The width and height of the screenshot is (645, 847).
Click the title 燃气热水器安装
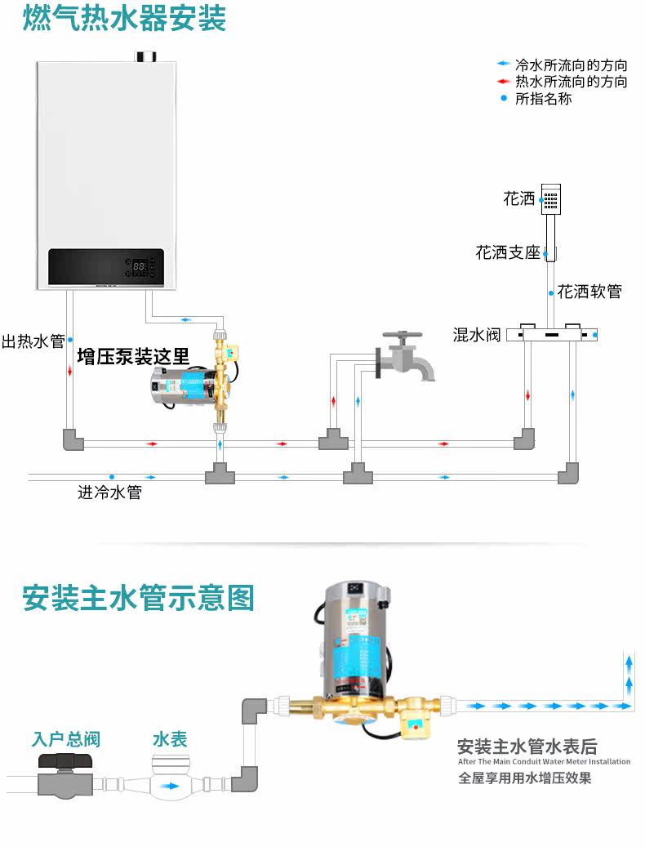pos(125,19)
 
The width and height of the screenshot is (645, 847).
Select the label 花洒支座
pos(508,252)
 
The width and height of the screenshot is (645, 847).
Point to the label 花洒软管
pos(589,292)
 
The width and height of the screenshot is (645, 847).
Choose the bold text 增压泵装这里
pos(133,356)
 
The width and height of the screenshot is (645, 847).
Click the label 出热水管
pos(33,341)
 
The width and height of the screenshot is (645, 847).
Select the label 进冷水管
pos(109,493)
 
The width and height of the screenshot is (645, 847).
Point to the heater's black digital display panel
pos(106,267)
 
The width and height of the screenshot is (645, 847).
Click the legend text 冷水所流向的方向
pos(572,65)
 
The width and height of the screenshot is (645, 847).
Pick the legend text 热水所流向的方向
pos(572,82)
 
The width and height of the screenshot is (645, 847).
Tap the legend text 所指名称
pos(544,99)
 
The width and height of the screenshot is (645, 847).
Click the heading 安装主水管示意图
pos(139,598)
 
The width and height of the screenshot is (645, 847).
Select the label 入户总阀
pos(65,740)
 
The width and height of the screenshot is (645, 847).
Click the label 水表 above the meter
pos(170,740)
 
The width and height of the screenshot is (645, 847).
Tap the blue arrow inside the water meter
pos(170,787)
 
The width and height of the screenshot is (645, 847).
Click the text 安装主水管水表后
pos(527,746)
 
